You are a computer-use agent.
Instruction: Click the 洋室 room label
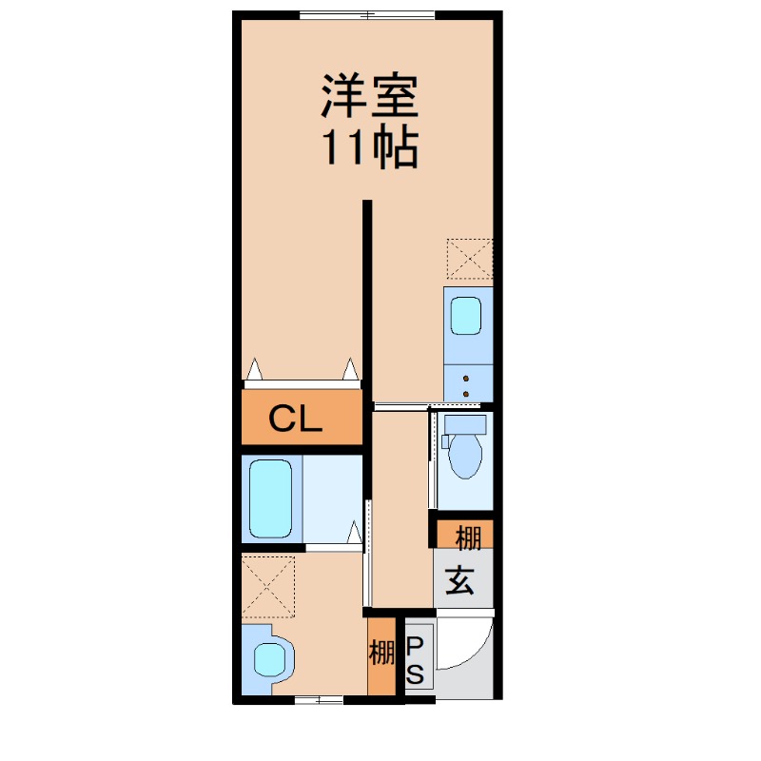click(370, 96)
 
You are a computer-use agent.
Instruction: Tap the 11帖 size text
click(370, 147)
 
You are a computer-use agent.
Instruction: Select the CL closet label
click(295, 419)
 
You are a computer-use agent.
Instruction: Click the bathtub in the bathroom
click(270, 498)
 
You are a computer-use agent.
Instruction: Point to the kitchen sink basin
click(466, 316)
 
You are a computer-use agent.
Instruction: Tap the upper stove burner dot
click(466, 378)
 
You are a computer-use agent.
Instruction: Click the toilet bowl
click(465, 456)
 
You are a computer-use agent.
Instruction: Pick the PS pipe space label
click(415, 660)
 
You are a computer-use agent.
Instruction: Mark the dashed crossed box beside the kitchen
click(469, 259)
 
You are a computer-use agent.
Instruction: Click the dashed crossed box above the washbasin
click(268, 586)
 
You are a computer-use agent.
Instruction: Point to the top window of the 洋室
click(367, 15)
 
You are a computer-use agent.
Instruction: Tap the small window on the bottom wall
click(319, 700)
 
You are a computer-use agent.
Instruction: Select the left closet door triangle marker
click(254, 369)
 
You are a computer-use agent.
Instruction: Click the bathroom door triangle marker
click(355, 532)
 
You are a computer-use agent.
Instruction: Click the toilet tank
click(465, 424)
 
